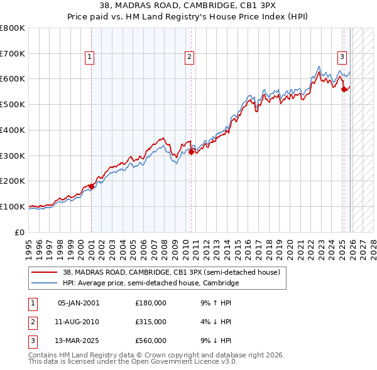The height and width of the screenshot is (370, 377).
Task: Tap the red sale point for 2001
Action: point(91,186)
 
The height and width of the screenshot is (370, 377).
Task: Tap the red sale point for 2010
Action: point(191,151)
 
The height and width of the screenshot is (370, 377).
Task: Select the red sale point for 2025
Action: point(344,89)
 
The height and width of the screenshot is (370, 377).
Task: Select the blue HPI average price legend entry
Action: point(151,283)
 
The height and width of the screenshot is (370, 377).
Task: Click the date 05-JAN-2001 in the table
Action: point(78,302)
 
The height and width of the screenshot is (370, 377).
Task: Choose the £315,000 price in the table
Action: point(151,322)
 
